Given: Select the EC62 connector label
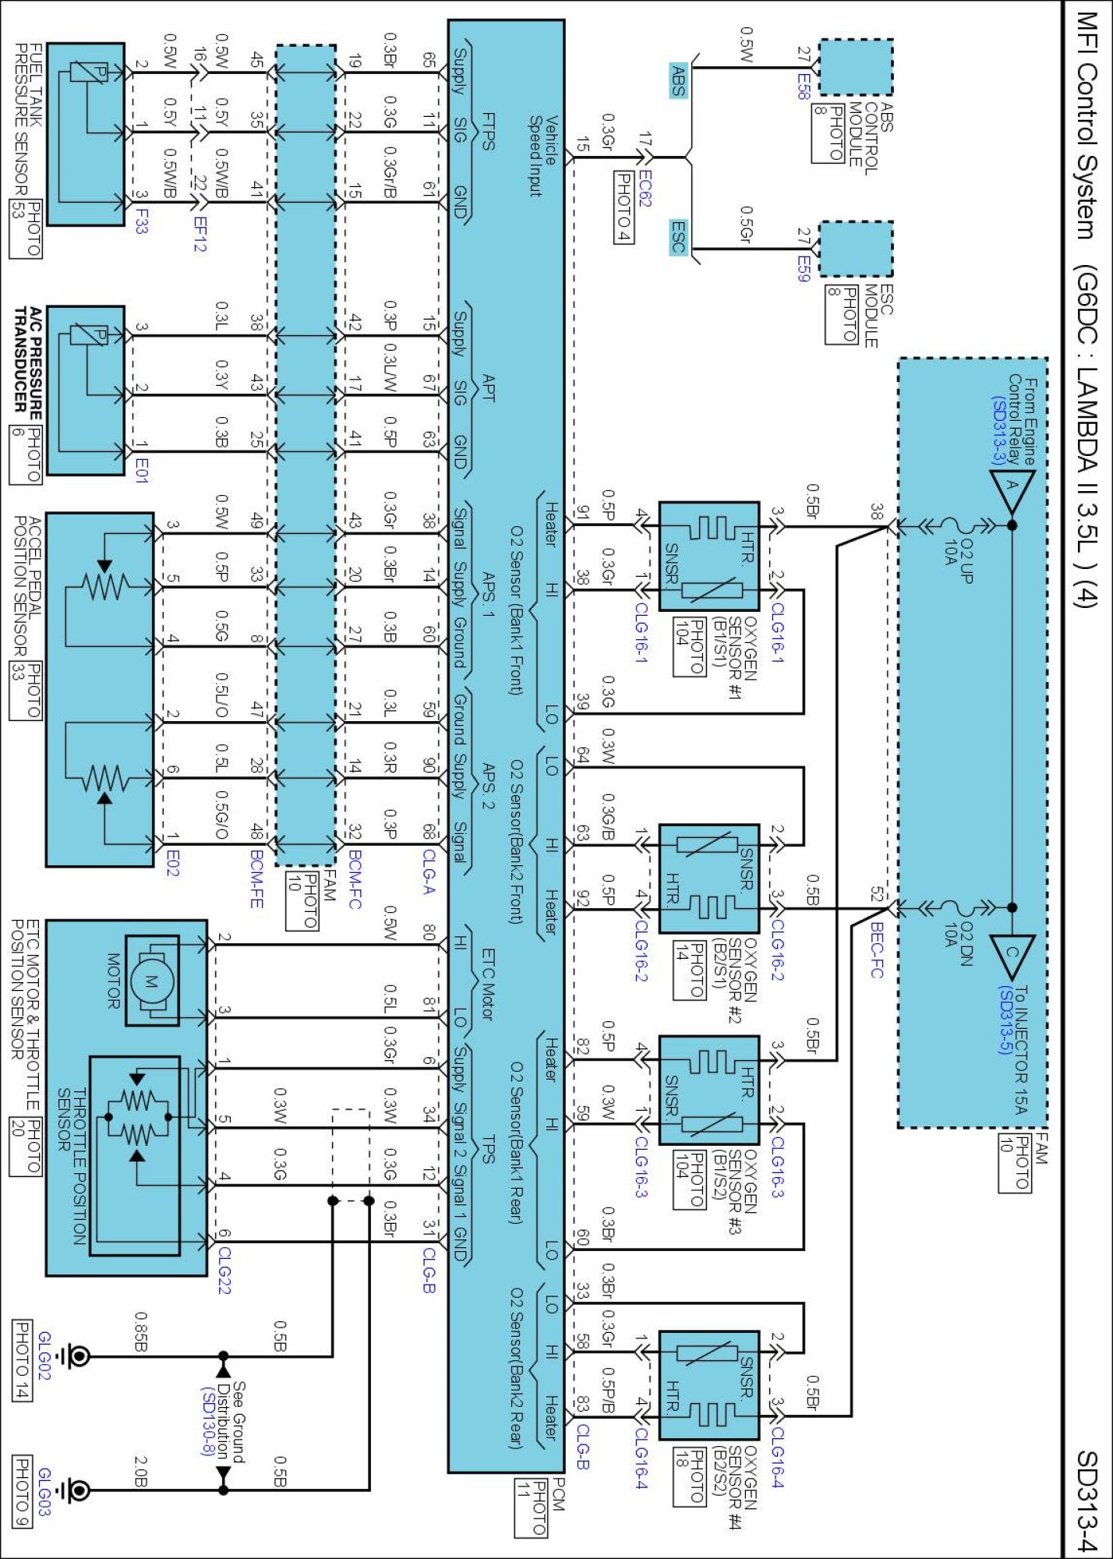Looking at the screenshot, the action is pos(645,189).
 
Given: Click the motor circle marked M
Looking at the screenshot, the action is pos(151,981).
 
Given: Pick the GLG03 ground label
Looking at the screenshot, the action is pos(44,1492).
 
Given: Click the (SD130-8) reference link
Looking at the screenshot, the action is pos(207,1423).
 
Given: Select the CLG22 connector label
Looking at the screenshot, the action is pos(224,1270).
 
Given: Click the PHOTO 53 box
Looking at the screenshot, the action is pos(25,228).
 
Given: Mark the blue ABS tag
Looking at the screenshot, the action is pos(678,80).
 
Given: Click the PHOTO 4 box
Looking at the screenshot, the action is pos(624,207).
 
